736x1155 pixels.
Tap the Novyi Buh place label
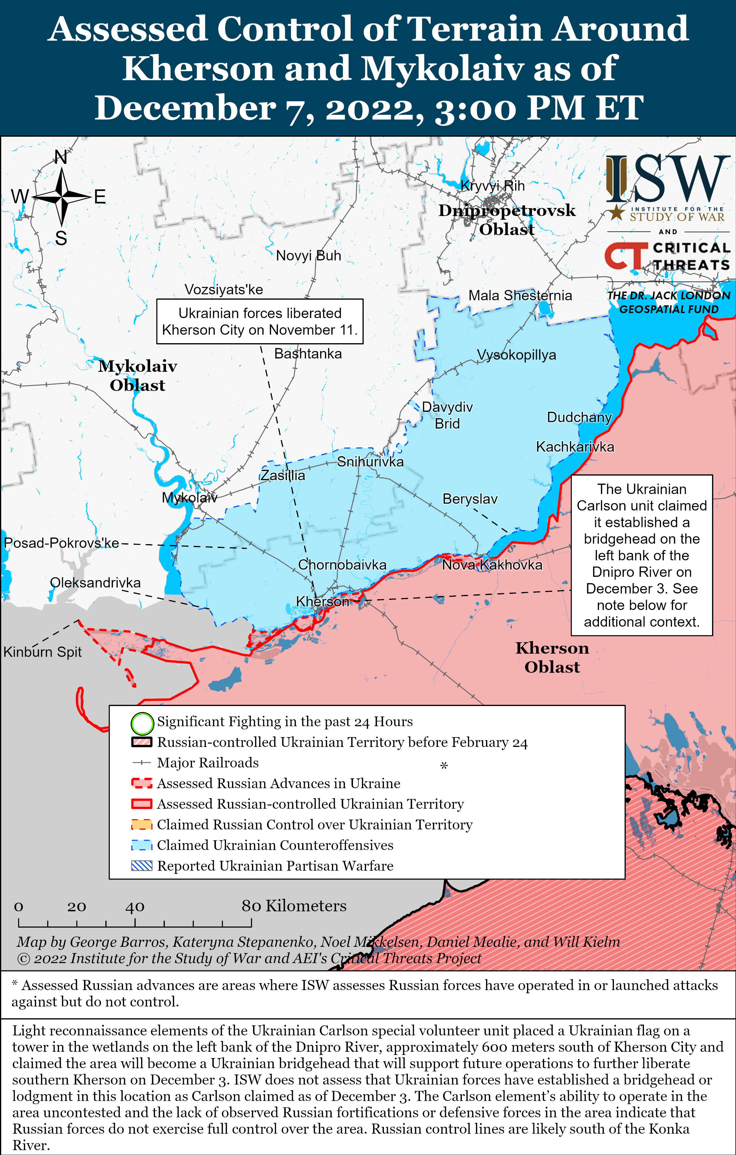(308, 255)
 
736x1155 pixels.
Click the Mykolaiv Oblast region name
(137, 375)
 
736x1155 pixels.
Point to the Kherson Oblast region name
(552, 657)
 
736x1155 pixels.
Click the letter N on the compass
(61, 157)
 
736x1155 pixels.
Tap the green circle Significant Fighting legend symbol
(142, 724)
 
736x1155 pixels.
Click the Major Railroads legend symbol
(142, 763)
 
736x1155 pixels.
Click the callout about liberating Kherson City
(260, 321)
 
